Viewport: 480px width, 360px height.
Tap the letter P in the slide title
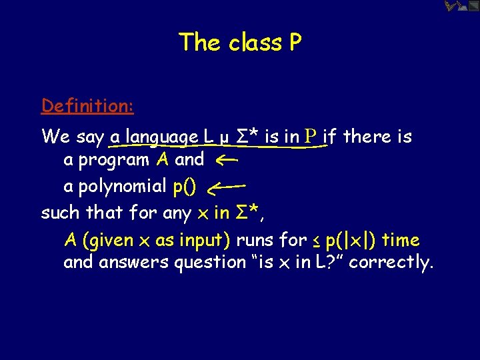coord(295,43)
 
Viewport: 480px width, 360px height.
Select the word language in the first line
coord(162,137)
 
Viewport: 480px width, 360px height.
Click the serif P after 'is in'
coord(309,137)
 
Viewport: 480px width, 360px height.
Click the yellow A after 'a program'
coord(163,159)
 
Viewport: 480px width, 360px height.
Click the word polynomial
coord(123,187)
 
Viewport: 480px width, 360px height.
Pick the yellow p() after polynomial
coord(185,187)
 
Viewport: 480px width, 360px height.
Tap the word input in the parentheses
coord(202,240)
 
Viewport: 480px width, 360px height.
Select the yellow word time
coord(401,239)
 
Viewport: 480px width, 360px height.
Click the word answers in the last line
coord(134,263)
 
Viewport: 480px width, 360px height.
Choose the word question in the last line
coord(209,263)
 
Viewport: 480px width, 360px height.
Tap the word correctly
coord(390,263)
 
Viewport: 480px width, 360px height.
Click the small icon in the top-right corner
coord(461,7)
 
